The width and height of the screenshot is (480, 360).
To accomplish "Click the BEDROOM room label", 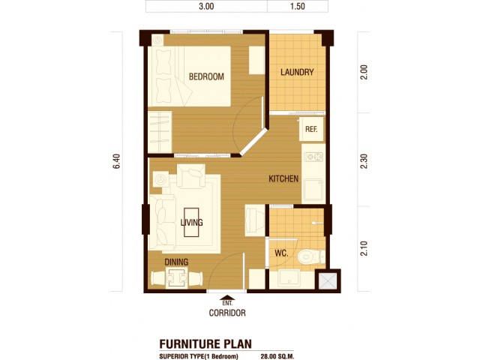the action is [x=206, y=76].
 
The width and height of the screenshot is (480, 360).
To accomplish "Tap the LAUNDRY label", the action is [x=297, y=72].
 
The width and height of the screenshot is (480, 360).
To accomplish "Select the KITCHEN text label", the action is [x=283, y=178].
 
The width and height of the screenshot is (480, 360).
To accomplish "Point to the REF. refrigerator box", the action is [x=311, y=129].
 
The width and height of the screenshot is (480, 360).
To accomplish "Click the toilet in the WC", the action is [x=310, y=256].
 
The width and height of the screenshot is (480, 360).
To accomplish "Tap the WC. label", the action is [x=281, y=253].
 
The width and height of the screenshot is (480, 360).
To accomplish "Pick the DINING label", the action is [x=176, y=262].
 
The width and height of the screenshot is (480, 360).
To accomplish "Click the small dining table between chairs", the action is [x=176, y=278].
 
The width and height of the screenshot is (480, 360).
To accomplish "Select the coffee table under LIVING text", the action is [x=191, y=223].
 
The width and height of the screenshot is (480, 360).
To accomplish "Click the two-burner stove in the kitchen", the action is [x=313, y=157].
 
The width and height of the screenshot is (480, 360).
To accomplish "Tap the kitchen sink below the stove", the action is [x=313, y=190].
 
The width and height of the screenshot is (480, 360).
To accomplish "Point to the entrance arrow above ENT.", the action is [x=227, y=298].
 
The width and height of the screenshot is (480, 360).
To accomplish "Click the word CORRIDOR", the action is [x=227, y=313].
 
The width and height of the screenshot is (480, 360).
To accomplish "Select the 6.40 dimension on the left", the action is [x=117, y=161].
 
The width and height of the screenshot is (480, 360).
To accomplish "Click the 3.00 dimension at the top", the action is [x=206, y=6].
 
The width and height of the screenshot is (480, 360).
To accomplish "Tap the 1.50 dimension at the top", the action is [x=297, y=6].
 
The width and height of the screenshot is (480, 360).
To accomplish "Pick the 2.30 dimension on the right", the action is [x=364, y=161].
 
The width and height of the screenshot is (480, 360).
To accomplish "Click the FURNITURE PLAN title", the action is [x=205, y=343].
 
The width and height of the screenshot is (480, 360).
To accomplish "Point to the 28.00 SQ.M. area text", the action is [x=277, y=356].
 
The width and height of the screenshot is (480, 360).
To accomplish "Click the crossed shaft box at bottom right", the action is [x=328, y=281].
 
